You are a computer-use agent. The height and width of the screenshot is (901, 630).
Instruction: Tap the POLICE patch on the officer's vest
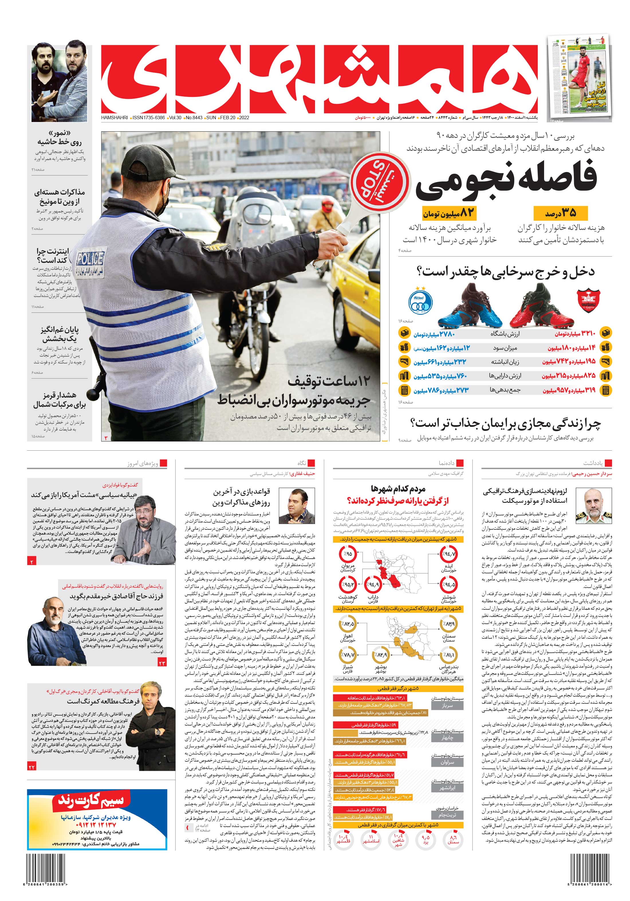point(90,259)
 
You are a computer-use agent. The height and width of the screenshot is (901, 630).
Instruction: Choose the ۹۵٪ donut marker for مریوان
point(347,554)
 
